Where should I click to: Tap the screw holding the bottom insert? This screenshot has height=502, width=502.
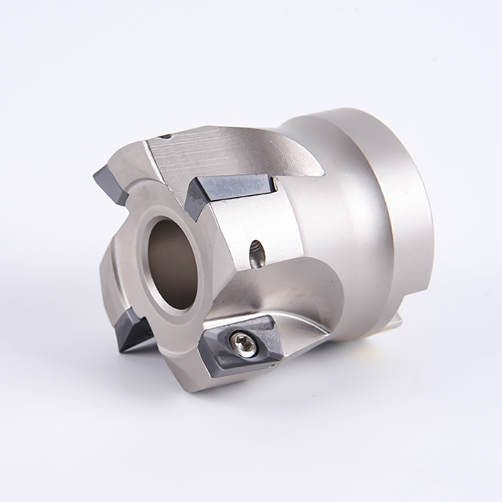tap(242, 342)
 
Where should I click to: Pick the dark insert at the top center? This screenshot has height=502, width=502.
tap(230, 190)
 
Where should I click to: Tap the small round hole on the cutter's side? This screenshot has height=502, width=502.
tap(256, 253)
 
